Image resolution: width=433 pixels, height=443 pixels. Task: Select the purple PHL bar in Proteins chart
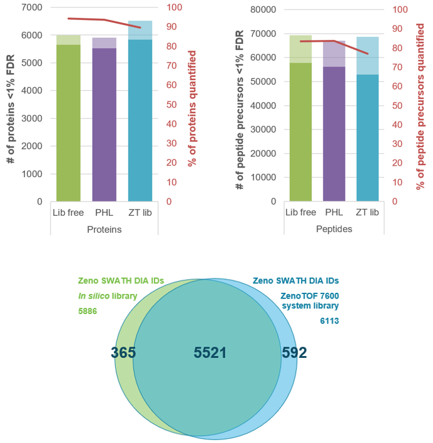pos(104,125)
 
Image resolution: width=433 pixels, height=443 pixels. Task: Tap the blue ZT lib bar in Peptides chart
pos(367,138)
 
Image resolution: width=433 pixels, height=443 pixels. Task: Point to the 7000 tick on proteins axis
pos(32,8)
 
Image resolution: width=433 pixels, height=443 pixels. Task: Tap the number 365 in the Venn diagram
pos(123,353)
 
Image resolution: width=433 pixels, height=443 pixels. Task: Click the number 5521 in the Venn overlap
pos(210,353)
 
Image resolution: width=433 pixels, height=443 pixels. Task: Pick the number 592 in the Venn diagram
pos(294,353)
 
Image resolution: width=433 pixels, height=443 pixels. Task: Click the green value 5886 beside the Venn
pos(88,310)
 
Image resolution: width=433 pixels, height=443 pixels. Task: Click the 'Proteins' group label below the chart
pos(104,229)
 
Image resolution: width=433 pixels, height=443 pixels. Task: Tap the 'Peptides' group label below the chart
pos(335,229)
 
